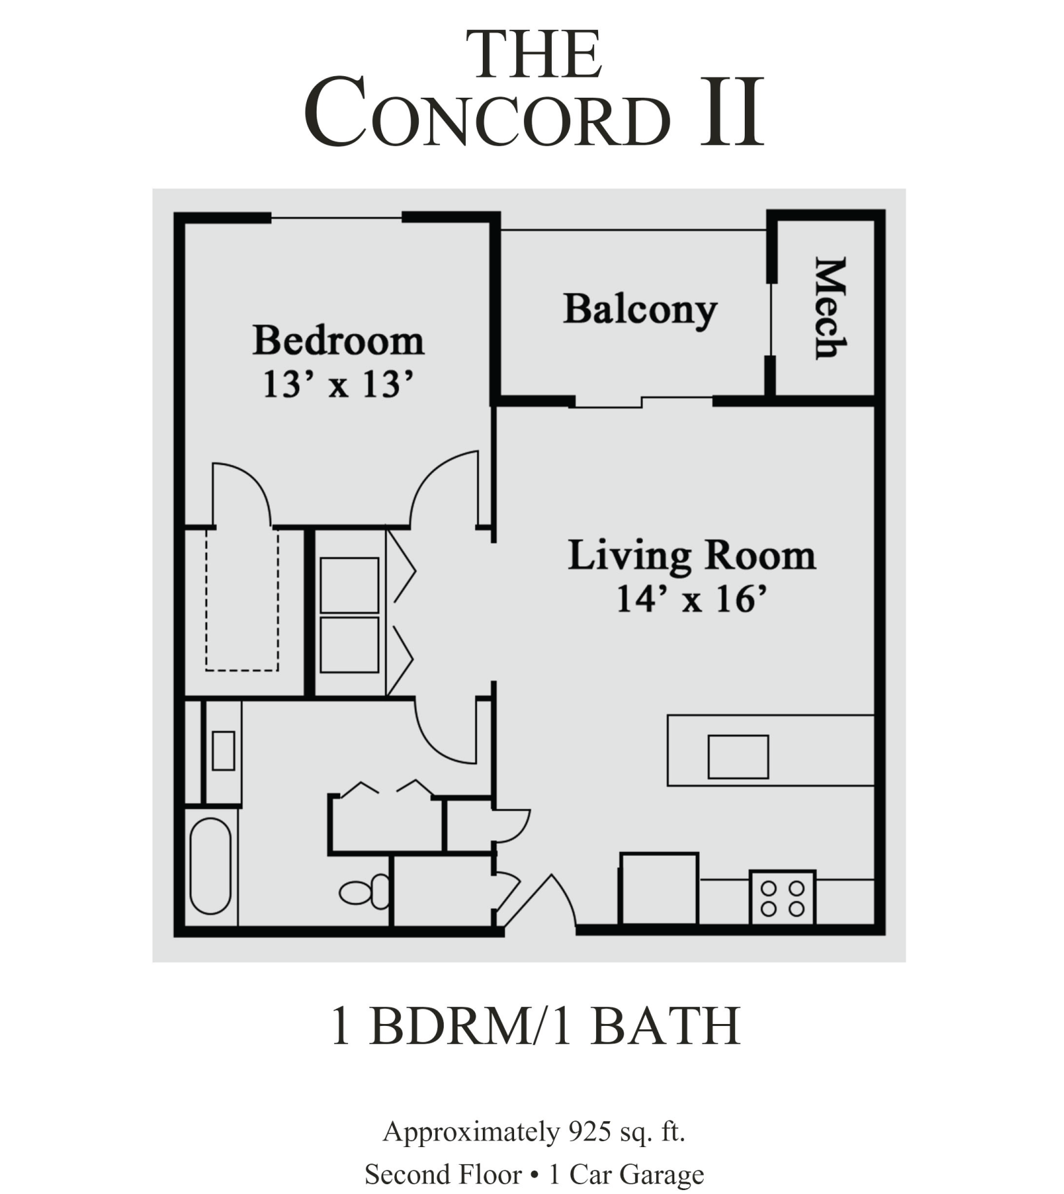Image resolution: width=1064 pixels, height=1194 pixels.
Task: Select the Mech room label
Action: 830,307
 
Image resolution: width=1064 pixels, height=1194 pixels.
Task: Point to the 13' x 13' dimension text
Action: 338,384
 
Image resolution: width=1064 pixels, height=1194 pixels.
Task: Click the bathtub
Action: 210,866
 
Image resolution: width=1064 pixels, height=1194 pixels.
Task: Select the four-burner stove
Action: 782,898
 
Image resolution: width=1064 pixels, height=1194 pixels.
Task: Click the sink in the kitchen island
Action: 738,757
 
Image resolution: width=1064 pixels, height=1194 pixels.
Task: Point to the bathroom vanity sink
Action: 223,751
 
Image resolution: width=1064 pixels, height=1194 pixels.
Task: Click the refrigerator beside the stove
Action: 659,888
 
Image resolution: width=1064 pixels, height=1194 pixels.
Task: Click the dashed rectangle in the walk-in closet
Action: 242,601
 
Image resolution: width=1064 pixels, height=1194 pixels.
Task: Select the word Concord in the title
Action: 487,113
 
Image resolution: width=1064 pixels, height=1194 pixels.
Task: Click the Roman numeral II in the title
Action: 731,113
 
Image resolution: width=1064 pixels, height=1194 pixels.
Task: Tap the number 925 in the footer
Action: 588,1131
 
